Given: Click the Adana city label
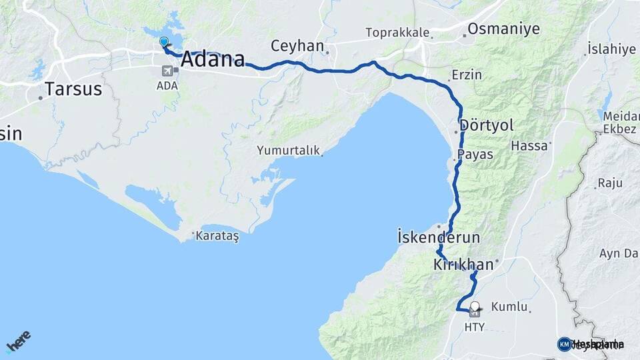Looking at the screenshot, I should [213, 59].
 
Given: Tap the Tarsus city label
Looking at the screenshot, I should [73, 89].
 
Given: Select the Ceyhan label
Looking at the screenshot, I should [297, 46].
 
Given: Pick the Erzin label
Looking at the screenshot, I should [466, 75].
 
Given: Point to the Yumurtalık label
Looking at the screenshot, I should [289, 151].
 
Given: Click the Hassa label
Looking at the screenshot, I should [529, 145].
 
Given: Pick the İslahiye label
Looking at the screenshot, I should [611, 49].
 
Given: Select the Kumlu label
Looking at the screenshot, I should [509, 307].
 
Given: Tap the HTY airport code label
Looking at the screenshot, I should [474, 327].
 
